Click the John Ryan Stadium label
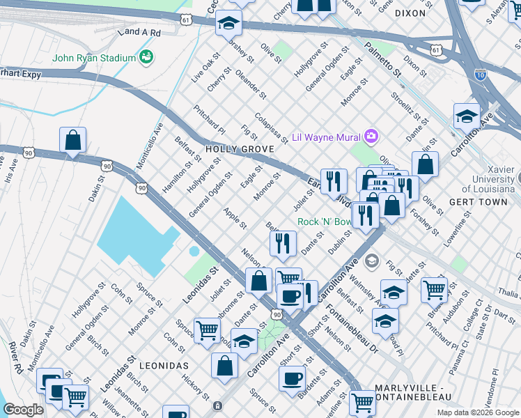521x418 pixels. point(94,57)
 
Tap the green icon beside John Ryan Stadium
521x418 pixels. point(146,56)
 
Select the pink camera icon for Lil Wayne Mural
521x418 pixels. point(372,135)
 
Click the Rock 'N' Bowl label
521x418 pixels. point(324,222)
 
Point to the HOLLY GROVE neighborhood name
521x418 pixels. point(237,149)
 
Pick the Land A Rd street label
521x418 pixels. point(139,32)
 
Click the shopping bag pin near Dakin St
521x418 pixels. point(72,141)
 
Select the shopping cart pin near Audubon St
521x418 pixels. point(435,288)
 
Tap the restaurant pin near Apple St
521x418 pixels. point(283,243)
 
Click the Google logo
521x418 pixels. point(23,410)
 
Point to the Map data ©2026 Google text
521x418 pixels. point(477,412)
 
